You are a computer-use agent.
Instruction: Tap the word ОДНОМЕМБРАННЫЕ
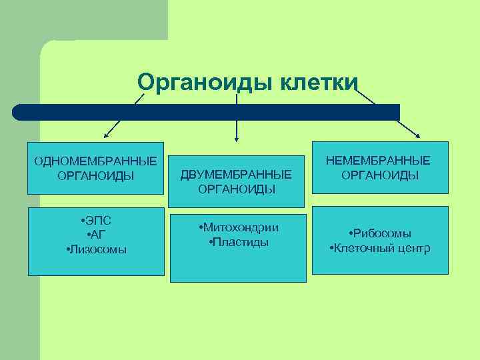(x=96, y=162)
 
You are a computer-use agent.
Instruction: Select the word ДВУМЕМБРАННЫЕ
(x=237, y=175)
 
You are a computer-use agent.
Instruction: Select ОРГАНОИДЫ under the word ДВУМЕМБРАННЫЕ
(x=237, y=189)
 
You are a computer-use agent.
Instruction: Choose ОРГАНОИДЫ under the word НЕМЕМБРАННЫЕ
(x=380, y=175)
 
